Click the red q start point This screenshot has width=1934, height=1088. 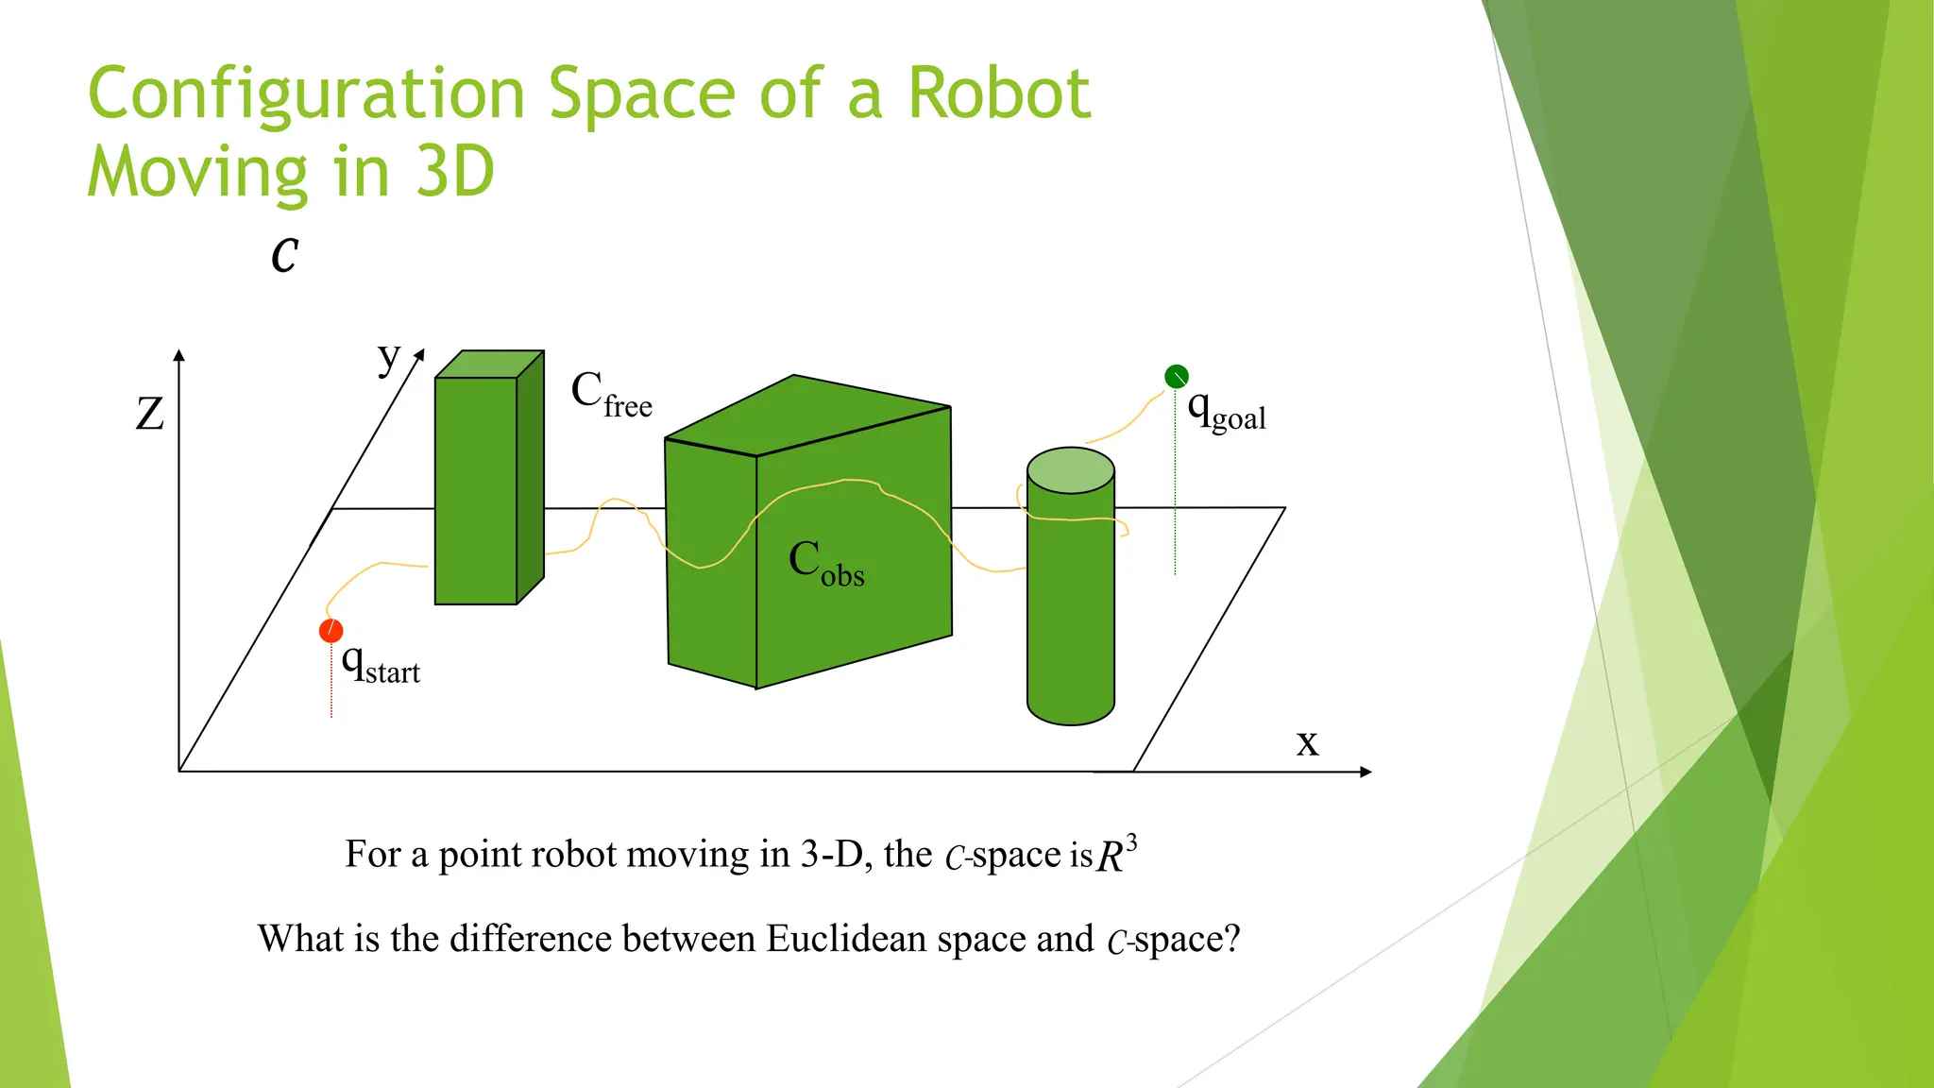tap(331, 631)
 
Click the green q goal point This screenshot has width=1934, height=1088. tap(1176, 377)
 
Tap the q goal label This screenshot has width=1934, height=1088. tap(1226, 411)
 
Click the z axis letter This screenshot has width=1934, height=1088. tap(150, 414)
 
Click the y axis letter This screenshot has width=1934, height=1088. tap(388, 357)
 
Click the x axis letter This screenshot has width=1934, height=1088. tap(1307, 742)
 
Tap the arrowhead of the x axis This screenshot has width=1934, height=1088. tap(1366, 772)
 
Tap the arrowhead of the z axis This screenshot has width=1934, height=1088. tap(178, 355)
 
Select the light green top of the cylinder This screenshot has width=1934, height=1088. tap(1070, 470)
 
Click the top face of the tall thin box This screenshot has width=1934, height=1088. tap(489, 365)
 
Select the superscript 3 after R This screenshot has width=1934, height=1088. tap(1131, 841)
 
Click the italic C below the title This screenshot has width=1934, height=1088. tap(284, 255)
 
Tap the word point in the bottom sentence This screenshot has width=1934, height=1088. tap(480, 855)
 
